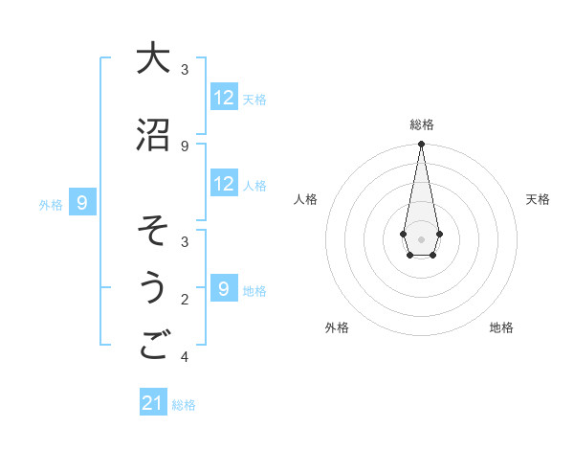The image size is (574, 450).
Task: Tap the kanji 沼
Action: click(152, 135)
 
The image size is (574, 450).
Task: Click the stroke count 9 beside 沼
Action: click(185, 146)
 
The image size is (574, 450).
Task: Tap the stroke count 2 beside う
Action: click(185, 300)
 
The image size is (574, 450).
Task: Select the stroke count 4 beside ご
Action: click(185, 357)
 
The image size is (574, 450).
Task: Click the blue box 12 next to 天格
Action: click(224, 98)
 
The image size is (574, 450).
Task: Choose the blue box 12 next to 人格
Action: click(224, 184)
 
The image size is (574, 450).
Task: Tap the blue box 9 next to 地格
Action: click(224, 289)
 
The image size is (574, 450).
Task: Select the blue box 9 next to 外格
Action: click(83, 203)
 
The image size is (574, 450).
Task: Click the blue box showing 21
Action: click(153, 404)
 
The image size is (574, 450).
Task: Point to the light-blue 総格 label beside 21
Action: click(184, 405)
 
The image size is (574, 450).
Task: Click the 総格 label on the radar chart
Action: click(421, 124)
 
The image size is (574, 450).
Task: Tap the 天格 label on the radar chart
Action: click(539, 199)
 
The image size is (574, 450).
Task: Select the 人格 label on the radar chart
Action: click(305, 199)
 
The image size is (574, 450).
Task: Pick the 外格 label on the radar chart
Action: click(337, 327)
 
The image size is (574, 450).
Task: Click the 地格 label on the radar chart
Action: click(501, 327)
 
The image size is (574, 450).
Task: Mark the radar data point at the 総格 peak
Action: click(421, 146)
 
